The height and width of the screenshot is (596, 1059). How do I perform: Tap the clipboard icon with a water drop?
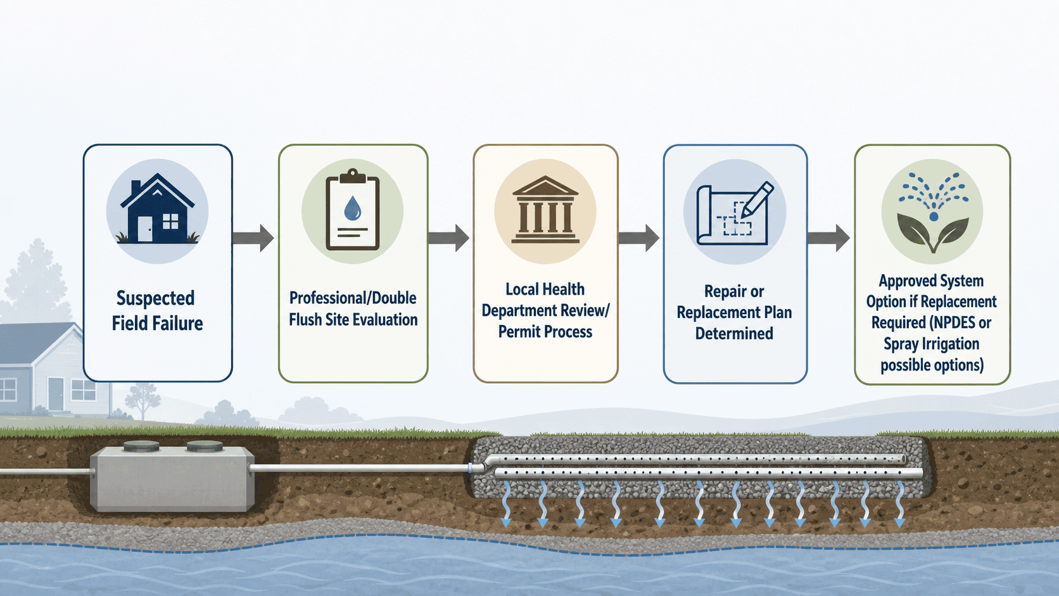point(353,210)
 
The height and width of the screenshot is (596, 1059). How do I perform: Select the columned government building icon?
point(545,210)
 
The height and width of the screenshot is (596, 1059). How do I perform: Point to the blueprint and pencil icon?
point(734,213)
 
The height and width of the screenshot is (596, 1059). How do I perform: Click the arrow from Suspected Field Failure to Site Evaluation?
point(253,238)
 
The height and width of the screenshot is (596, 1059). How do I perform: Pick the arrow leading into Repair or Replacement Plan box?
point(638,238)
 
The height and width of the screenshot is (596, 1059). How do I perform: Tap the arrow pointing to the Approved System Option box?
point(828,238)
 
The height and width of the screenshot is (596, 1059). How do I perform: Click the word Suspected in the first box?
point(156,299)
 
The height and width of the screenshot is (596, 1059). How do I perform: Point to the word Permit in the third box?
point(517,332)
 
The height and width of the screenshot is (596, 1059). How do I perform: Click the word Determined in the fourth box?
point(734,334)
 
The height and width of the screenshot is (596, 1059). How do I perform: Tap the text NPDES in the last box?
point(953,323)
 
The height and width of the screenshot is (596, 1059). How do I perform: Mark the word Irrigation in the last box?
point(950,345)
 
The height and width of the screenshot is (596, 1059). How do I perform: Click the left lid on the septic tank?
point(141,446)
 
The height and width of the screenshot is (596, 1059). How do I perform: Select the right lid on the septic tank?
point(205,446)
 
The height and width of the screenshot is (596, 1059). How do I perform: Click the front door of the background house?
point(56,394)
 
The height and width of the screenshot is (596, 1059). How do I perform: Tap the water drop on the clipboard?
point(352,209)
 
